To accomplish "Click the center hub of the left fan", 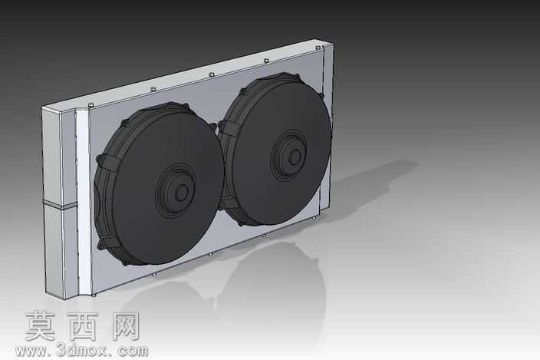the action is pos(181,192).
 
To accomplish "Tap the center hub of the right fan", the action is pos(294,157).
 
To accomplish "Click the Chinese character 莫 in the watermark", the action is pos(41,326).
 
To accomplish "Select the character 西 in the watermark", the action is pos(83,326).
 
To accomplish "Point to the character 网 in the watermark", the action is pos(125,326).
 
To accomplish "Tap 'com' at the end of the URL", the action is pos(133,352).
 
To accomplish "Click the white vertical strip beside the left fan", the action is pos(84,203).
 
